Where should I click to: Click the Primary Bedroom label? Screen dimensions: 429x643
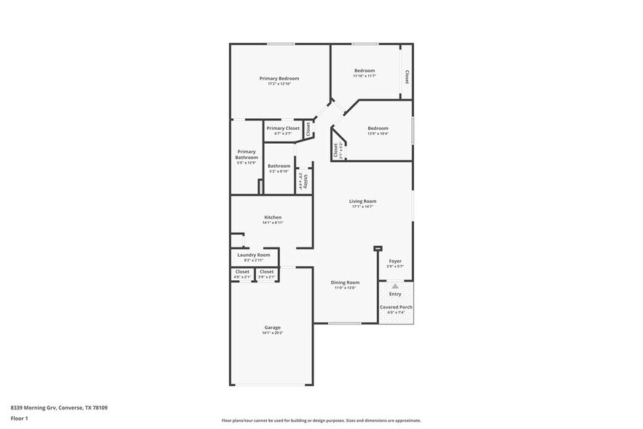[x=279, y=78]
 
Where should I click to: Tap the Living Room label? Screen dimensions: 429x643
[x=362, y=201]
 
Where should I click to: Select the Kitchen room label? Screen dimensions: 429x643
[x=273, y=217]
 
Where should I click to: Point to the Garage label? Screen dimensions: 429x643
[x=272, y=327]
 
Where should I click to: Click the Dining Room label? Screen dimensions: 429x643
[x=345, y=282]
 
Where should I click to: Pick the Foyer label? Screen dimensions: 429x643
[x=395, y=260]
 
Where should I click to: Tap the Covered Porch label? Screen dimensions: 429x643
[x=396, y=307]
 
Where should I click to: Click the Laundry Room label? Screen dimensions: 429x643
[x=254, y=255]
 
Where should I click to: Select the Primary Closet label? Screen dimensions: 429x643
[x=283, y=128]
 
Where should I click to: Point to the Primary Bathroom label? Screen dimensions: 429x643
[x=246, y=155]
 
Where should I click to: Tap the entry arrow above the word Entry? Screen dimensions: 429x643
[x=395, y=287]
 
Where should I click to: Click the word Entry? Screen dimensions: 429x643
[x=395, y=294]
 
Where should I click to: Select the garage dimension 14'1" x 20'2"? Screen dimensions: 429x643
[x=272, y=333]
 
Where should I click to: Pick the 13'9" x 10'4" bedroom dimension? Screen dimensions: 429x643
[x=378, y=134]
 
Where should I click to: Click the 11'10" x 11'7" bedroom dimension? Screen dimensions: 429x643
[x=364, y=76]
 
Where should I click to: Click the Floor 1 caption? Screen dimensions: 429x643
[x=19, y=418]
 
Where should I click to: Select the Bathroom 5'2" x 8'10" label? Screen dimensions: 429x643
[x=279, y=169]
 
